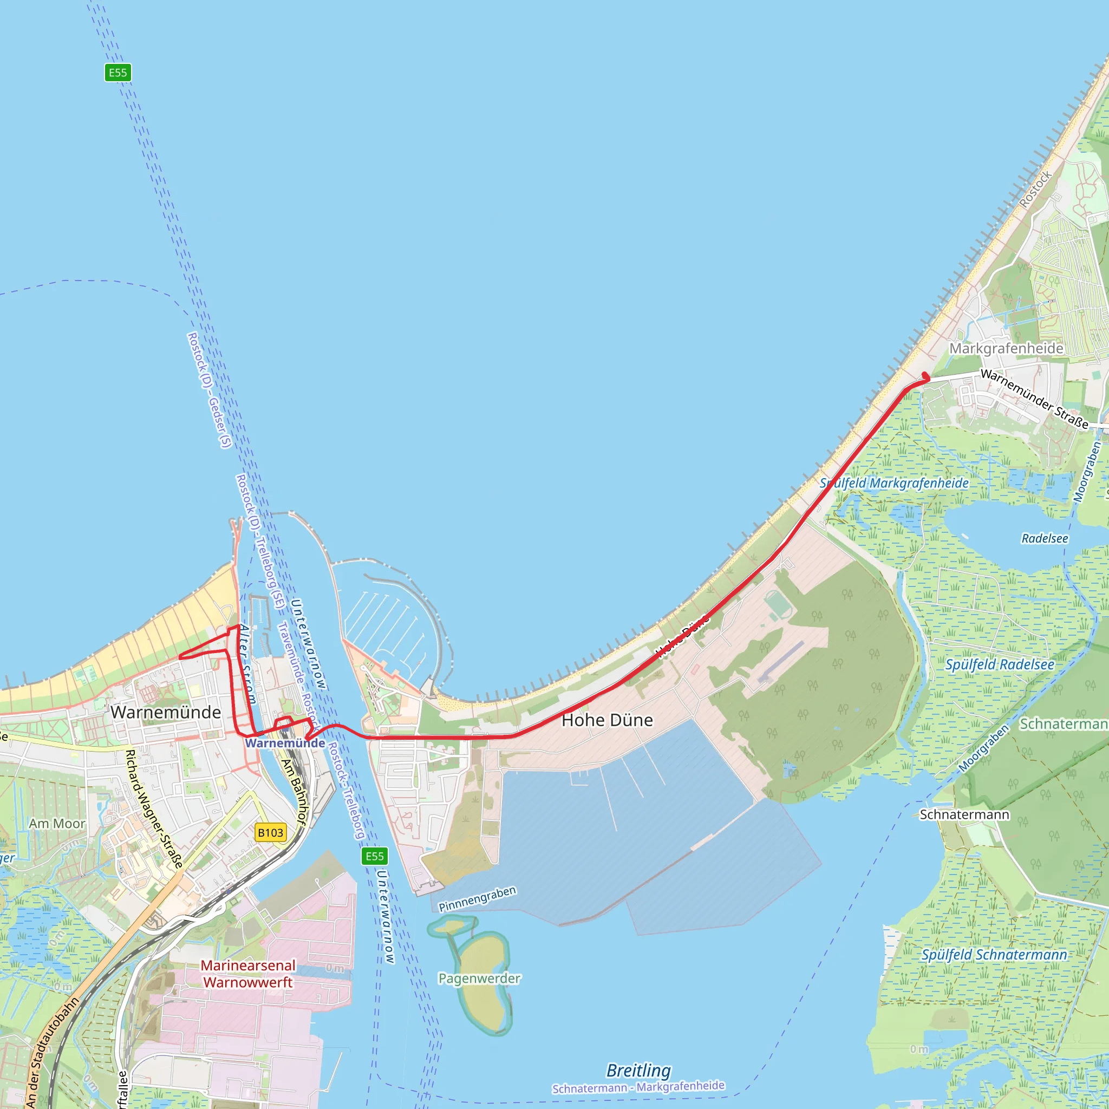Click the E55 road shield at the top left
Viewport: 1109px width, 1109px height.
[x=118, y=73]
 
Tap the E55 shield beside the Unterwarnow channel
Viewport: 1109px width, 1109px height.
[x=375, y=857]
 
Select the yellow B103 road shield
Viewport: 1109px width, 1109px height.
[x=270, y=832]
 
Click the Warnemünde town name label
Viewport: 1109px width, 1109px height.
[x=165, y=713]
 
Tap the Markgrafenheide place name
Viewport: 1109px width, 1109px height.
[x=1006, y=348]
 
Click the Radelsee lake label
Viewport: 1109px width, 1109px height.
[x=1045, y=538]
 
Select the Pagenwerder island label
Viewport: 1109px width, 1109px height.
[x=479, y=978]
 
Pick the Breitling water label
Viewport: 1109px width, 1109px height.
[x=638, y=1071]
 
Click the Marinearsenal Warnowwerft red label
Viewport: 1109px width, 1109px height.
[x=248, y=974]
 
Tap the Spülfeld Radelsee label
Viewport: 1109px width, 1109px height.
[x=1000, y=665]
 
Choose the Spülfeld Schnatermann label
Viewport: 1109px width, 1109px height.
[x=994, y=955]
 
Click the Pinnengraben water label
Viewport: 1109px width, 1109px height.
[x=478, y=899]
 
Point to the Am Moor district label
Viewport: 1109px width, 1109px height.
[x=57, y=824]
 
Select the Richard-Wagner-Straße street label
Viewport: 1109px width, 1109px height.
[x=154, y=810]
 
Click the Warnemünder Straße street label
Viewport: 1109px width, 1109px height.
[x=1034, y=399]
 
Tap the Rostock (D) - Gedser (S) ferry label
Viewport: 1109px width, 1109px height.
[x=210, y=390]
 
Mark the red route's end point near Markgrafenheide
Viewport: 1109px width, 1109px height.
[x=925, y=376]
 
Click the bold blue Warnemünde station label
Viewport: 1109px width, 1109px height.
[x=285, y=743]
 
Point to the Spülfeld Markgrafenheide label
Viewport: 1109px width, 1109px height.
[x=893, y=484]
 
